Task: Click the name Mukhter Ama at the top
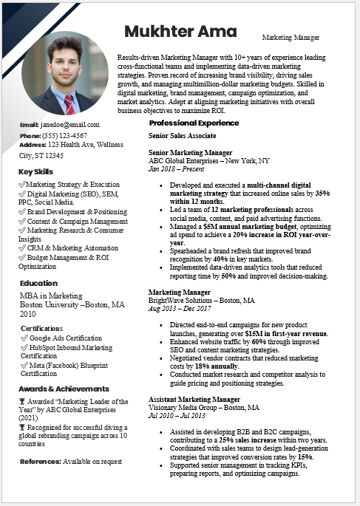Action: coord(180,31)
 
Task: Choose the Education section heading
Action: coord(38,283)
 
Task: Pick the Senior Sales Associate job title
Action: coord(183,136)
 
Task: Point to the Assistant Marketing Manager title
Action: coord(194,398)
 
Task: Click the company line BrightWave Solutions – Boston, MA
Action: coord(201,301)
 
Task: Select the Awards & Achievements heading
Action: coord(64,389)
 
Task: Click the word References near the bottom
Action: coord(40,461)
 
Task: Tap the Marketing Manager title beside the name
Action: coord(291,37)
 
